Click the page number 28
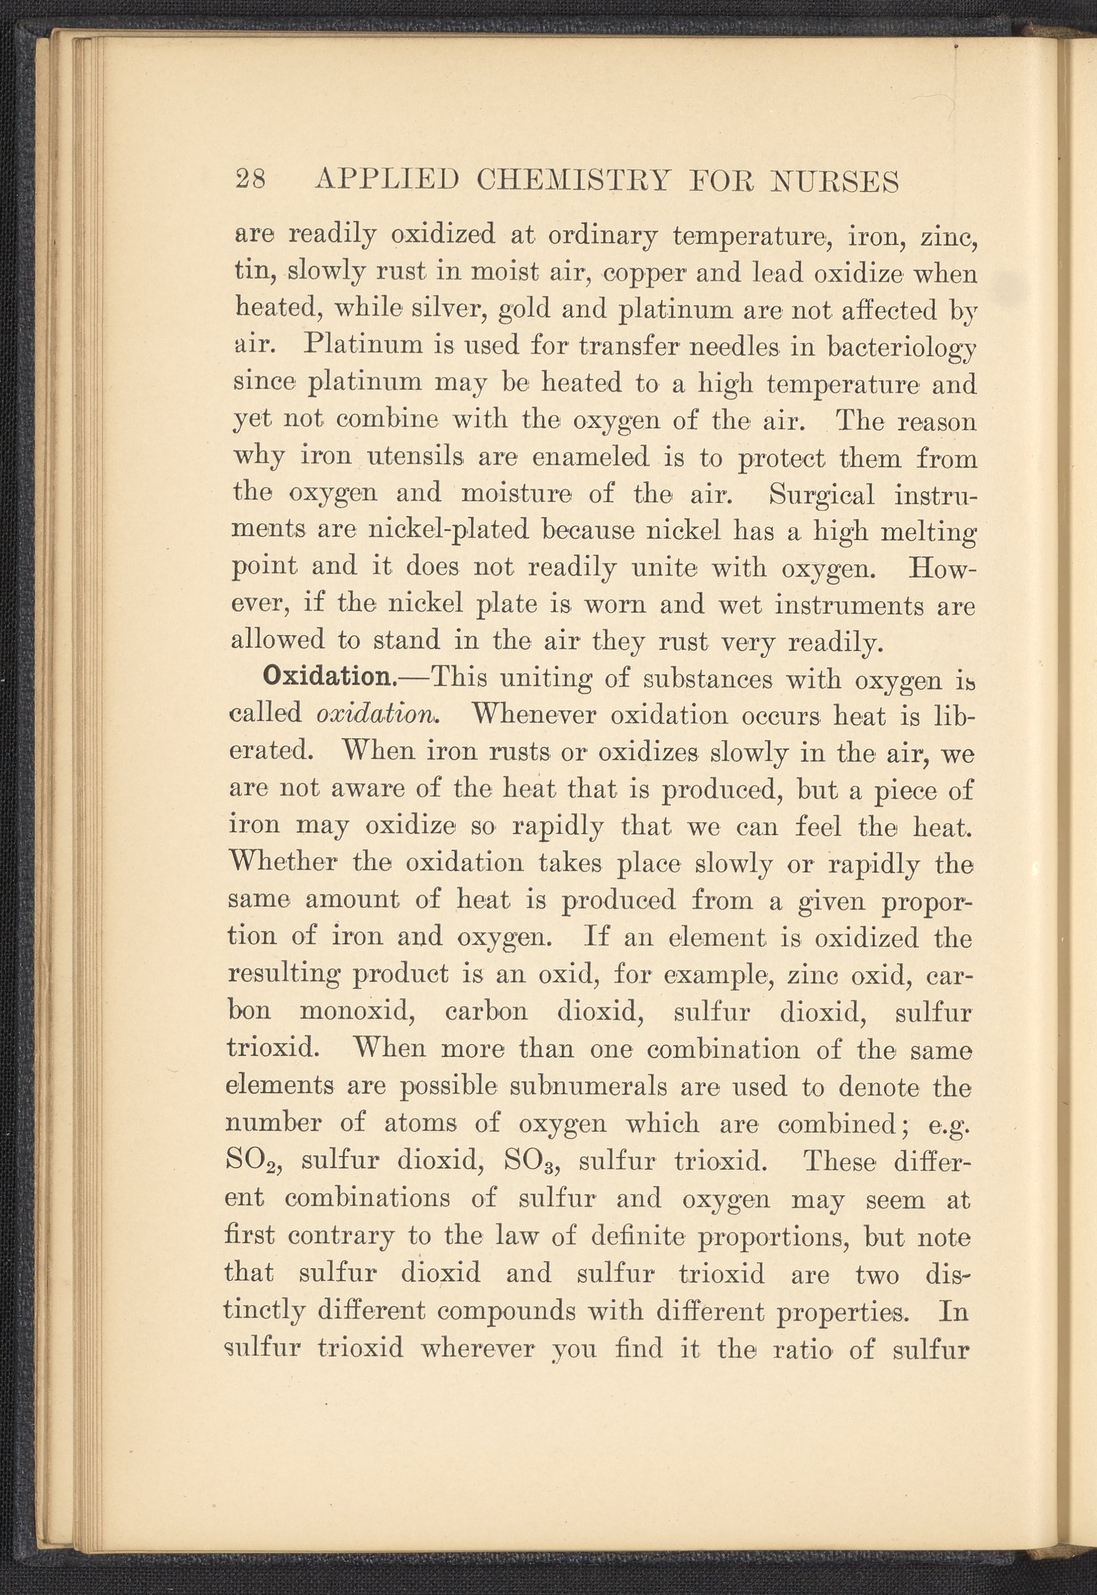pos(250,180)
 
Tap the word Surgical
pos(821,493)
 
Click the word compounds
pos(507,1311)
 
